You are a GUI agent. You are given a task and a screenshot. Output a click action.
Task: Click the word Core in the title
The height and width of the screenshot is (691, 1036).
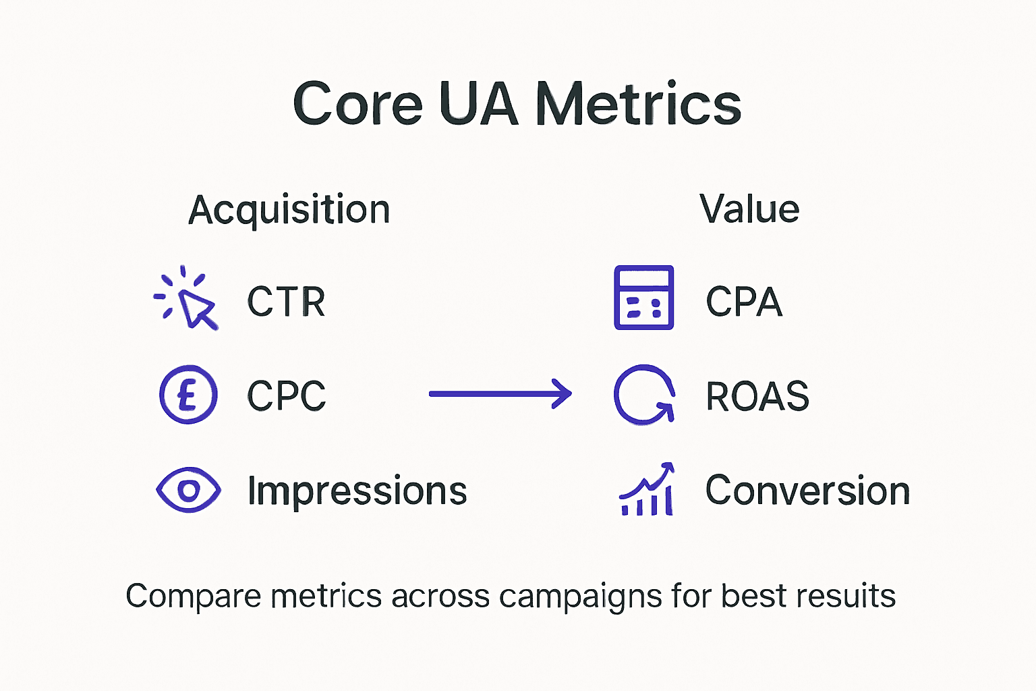tap(357, 104)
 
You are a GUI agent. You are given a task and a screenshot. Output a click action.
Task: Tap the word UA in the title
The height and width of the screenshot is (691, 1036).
tap(478, 104)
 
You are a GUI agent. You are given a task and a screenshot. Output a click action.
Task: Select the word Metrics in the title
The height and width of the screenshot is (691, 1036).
tap(638, 104)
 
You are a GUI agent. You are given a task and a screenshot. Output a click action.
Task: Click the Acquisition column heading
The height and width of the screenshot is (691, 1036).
tap(289, 210)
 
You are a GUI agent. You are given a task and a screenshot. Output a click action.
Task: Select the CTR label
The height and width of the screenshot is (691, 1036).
tap(286, 301)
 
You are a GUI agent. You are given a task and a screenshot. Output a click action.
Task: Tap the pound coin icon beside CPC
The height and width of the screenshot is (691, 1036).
tap(188, 394)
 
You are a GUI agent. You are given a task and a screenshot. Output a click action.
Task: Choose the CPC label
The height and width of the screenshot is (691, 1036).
tap(286, 395)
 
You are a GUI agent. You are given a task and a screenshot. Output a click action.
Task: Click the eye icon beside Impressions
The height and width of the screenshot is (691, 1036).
tap(188, 490)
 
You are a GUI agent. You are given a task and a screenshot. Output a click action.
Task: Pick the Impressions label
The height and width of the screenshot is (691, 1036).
tap(357, 491)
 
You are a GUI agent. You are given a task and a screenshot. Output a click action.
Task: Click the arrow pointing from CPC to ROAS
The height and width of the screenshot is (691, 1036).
tap(500, 393)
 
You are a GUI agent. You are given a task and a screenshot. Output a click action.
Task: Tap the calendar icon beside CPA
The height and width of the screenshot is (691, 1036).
tap(643, 298)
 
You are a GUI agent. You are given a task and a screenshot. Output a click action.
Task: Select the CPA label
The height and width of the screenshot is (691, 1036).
tap(744, 301)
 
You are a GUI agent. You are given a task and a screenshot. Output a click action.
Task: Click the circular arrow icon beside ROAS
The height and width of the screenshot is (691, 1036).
tap(643, 395)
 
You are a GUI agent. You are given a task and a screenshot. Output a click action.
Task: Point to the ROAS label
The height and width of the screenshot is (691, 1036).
tap(757, 395)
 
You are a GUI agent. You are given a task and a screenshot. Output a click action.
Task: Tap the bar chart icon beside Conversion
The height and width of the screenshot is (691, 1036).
tap(647, 491)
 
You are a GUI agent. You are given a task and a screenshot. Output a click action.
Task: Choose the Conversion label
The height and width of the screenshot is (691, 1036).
tap(807, 491)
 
